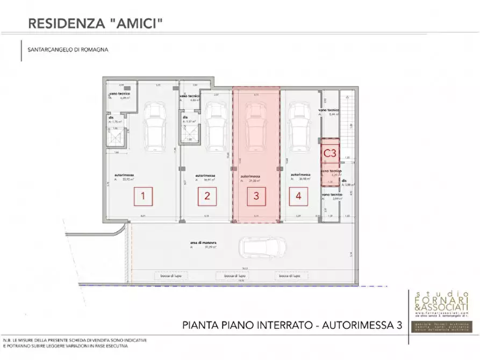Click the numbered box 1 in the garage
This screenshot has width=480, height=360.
[143, 196]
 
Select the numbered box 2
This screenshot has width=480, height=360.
[207, 196]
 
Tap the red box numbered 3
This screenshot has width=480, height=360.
[256, 196]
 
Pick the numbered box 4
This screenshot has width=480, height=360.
[298, 196]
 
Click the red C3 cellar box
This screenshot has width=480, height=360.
[330, 153]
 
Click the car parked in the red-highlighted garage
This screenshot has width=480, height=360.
[256, 127]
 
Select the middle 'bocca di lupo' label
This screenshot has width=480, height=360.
[229, 276]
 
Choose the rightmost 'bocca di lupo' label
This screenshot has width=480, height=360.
[289, 276]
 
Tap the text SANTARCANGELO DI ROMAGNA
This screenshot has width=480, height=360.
[68, 49]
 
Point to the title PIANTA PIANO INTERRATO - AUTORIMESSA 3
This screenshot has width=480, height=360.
[292, 325]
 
